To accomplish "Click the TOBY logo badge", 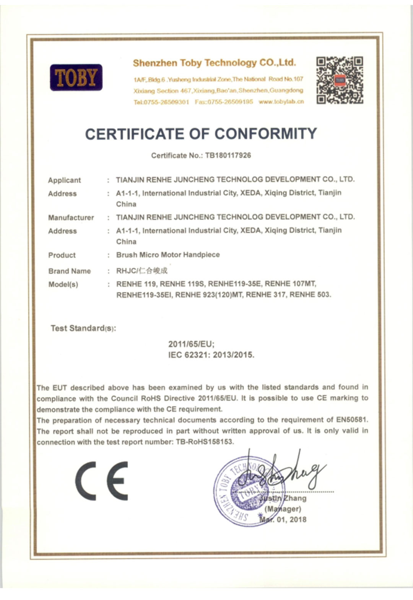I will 76,77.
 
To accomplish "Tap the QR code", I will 340,80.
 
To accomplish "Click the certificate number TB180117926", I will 228,155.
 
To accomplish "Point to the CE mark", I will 101,481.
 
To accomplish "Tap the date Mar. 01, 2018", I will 283,519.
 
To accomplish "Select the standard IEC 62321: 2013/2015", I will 211,355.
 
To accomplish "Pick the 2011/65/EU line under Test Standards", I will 191,344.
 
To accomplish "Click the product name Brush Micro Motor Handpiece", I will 168,255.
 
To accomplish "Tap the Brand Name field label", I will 70,271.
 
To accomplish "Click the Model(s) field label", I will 63,285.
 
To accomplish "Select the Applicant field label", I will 64,180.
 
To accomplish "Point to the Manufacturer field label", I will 71,218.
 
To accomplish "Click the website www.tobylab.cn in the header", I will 281,102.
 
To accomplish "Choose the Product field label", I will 62,255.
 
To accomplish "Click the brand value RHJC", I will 126,271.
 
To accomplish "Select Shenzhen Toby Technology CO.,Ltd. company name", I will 214,63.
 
